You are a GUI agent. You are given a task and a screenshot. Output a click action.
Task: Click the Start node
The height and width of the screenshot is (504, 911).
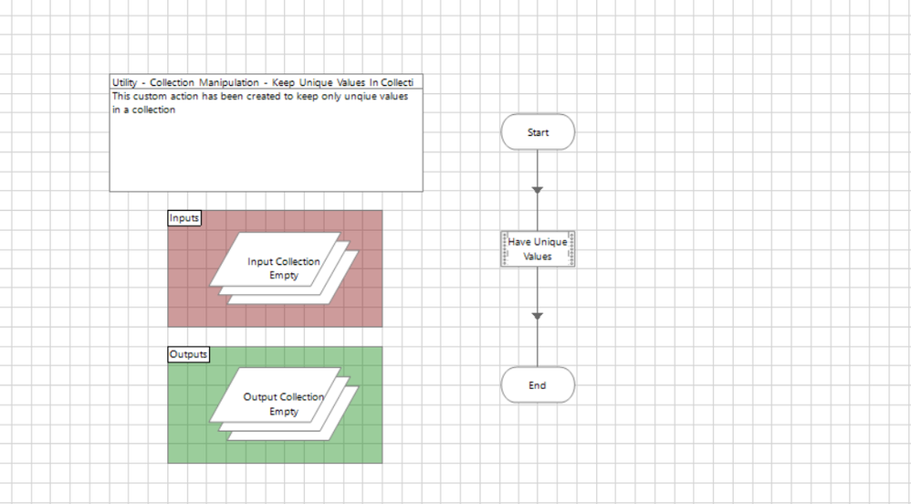(x=538, y=132)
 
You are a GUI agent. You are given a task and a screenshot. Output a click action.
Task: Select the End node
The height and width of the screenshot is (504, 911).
(x=538, y=385)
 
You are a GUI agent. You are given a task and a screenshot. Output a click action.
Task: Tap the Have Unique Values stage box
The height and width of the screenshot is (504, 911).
(x=538, y=249)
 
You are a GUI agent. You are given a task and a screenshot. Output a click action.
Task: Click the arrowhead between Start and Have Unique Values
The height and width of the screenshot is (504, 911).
(x=538, y=190)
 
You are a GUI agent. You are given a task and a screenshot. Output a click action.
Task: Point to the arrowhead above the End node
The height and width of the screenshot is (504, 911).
(x=538, y=316)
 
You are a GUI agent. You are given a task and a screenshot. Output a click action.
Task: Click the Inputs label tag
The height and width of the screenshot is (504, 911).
(x=184, y=218)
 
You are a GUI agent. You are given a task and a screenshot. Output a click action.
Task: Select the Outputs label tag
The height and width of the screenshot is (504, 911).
(x=189, y=354)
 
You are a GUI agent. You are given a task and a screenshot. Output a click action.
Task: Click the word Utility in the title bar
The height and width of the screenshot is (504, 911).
(x=124, y=82)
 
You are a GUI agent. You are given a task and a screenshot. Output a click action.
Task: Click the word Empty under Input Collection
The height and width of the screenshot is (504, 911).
(x=284, y=276)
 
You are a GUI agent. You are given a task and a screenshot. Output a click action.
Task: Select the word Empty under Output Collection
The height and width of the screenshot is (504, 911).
(x=284, y=412)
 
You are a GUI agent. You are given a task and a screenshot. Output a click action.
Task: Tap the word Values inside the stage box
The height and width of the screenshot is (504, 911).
(x=538, y=257)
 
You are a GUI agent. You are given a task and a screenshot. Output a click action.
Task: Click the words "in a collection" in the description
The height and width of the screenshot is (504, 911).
(x=143, y=110)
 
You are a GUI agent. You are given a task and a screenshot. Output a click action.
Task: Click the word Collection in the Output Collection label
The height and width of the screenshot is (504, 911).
(x=301, y=397)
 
